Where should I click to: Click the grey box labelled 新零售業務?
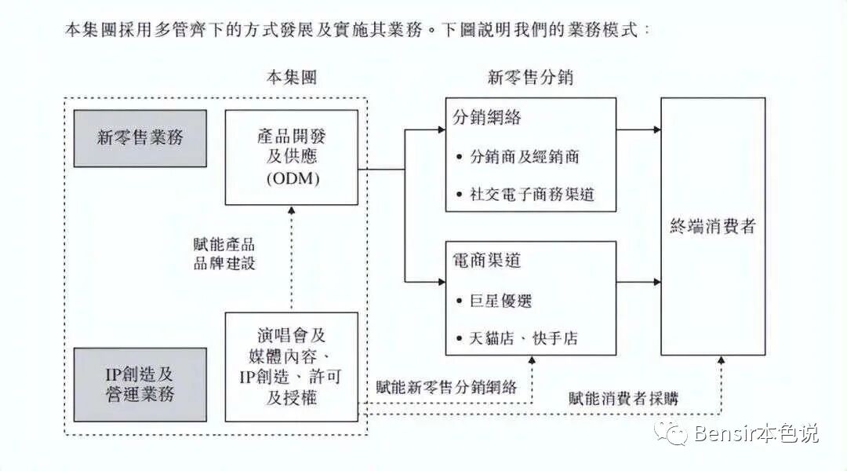pyautogui.click(x=140, y=138)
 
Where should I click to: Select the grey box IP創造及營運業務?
pyautogui.click(x=140, y=385)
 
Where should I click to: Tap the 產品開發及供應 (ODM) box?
pyautogui.click(x=291, y=157)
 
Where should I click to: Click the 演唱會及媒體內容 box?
pyautogui.click(x=291, y=367)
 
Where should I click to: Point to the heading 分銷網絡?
pyautogui.click(x=487, y=118)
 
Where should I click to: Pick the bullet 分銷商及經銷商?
pyautogui.click(x=524, y=156)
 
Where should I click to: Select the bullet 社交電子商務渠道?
pyautogui.click(x=531, y=194)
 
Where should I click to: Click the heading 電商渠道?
pyautogui.click(x=487, y=260)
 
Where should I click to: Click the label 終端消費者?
pyautogui.click(x=713, y=227)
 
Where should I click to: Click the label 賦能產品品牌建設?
pyautogui.click(x=224, y=254)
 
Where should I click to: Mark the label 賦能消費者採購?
pyautogui.click(x=623, y=398)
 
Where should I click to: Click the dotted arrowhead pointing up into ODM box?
pyautogui.click(x=291, y=210)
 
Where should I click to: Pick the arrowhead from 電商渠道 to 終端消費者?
pyautogui.click(x=656, y=282)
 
